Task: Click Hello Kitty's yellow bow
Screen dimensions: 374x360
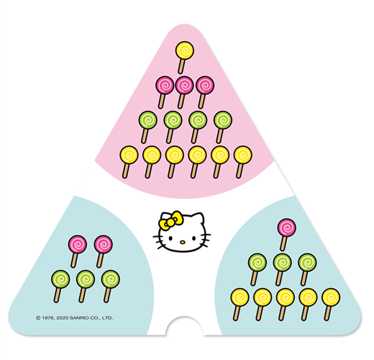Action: (x=170, y=221)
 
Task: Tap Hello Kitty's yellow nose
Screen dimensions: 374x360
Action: (x=183, y=242)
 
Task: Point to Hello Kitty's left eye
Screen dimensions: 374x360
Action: (x=170, y=238)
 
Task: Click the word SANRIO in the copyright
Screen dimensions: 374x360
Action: (x=78, y=318)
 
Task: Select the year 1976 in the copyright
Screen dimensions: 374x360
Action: (x=47, y=318)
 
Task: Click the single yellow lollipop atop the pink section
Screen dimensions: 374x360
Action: (x=184, y=58)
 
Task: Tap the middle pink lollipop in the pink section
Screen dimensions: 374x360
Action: (x=183, y=92)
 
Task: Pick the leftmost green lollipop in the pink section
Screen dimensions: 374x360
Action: (x=147, y=127)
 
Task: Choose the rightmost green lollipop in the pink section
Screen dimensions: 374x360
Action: (x=222, y=127)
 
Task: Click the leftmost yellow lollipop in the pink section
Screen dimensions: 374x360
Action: (x=129, y=162)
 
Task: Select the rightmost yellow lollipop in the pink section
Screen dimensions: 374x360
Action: (x=242, y=162)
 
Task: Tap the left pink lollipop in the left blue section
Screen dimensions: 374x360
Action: (x=77, y=251)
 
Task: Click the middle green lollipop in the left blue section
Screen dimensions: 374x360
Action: (x=85, y=287)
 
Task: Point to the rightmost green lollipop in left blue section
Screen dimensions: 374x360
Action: (x=110, y=287)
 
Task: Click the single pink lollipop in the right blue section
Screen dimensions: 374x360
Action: (x=286, y=235)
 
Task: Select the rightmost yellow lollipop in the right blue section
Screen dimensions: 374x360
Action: (x=330, y=305)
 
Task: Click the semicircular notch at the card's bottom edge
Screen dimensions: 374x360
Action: (x=184, y=326)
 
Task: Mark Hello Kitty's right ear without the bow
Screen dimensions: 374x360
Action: (x=199, y=218)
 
